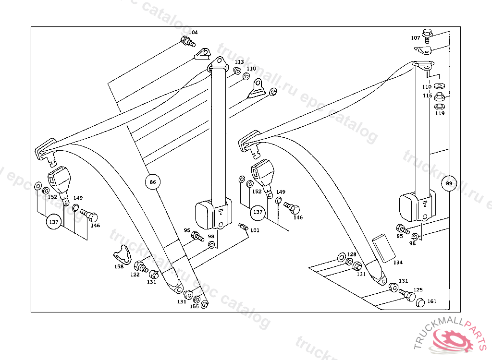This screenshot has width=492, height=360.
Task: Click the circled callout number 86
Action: point(153,182)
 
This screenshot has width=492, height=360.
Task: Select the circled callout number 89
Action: point(449,183)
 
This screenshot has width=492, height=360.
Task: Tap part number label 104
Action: point(193,32)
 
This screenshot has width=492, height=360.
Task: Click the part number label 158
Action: point(119,266)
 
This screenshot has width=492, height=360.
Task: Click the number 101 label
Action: point(255,230)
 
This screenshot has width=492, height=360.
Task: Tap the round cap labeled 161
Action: point(419,302)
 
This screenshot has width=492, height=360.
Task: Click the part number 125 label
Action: point(418,290)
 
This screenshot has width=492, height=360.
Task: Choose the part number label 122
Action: point(135,275)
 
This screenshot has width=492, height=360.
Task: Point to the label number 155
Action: point(194,306)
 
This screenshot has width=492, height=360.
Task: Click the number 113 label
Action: point(239,62)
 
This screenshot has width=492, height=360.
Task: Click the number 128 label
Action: point(352,254)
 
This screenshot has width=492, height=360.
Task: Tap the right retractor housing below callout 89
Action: point(417,205)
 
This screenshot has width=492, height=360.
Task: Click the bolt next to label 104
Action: point(187,41)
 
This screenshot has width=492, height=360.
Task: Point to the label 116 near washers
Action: point(428,96)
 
